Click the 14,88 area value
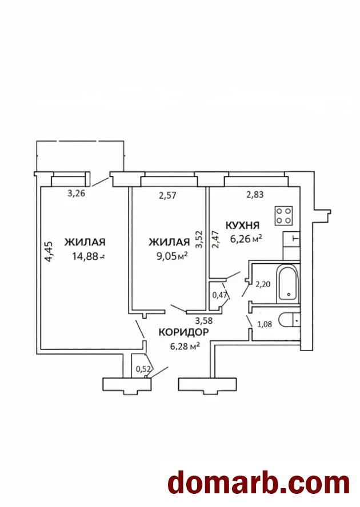[x=85, y=256]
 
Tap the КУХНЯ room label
[x=242, y=225]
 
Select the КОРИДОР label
[x=183, y=332]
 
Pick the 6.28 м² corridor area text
[x=185, y=347]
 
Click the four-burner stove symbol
[x=284, y=216]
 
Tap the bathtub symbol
[x=288, y=284]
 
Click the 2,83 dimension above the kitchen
[x=255, y=194]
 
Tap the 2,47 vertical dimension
[x=215, y=239]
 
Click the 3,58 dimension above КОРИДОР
[x=203, y=321]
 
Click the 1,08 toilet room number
[x=264, y=324]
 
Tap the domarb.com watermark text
[x=259, y=484]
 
